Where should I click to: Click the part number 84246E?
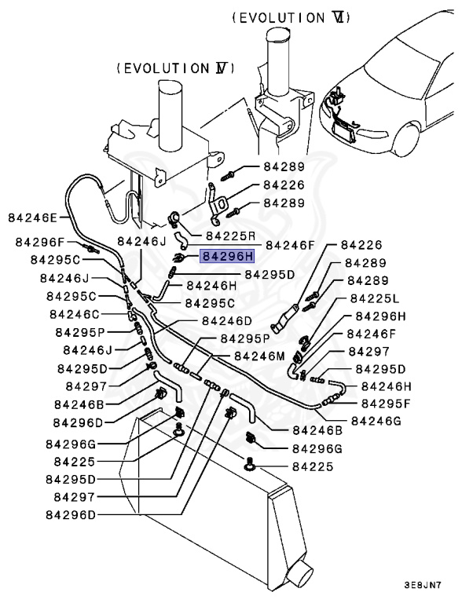(32, 217)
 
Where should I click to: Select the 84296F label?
(40, 243)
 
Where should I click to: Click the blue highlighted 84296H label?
(227, 255)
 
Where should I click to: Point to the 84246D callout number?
(226, 320)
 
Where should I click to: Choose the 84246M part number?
(259, 356)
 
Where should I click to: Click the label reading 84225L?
(374, 298)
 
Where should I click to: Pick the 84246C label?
(75, 314)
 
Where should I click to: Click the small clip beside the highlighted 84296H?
(180, 256)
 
